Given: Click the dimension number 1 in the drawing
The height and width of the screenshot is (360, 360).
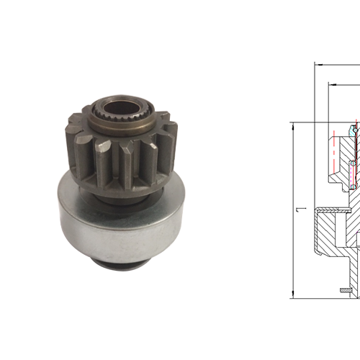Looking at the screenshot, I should pyautogui.click(x=302, y=210).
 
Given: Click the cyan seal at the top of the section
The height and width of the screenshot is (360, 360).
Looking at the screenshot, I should pyautogui.click(x=354, y=130).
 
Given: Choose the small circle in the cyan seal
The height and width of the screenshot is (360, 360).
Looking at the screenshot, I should pyautogui.click(x=354, y=129).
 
